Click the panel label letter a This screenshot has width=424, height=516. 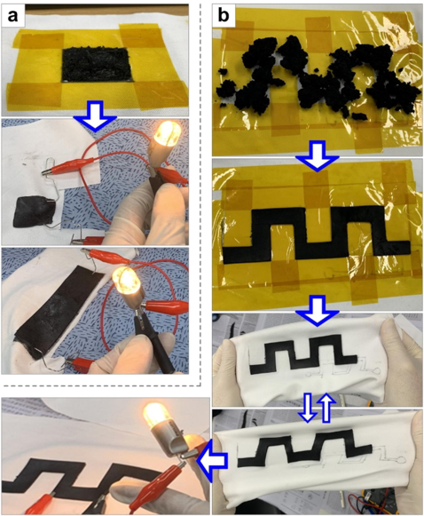[12, 15]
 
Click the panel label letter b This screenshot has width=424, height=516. [224, 15]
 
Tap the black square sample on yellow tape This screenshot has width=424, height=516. [95, 65]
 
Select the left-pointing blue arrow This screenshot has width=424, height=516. [212, 459]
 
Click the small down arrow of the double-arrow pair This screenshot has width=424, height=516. [309, 408]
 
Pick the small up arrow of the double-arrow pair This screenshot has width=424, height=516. [327, 408]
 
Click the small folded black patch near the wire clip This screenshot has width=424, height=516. [33, 211]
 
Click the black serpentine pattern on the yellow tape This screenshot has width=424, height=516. [316, 235]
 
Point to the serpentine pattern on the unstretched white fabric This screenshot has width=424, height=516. [303, 353]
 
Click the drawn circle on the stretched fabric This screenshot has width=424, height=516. [400, 460]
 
